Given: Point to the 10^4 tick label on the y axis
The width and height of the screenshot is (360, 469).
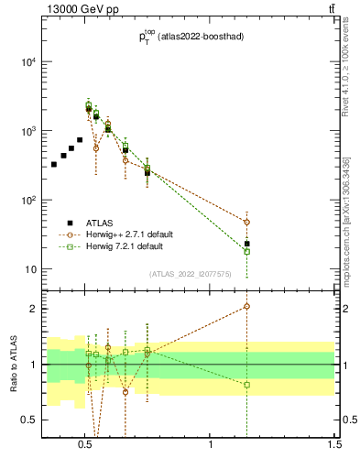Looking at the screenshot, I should coord(27,62).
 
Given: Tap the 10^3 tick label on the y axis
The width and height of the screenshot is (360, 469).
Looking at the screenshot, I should coord(27,131).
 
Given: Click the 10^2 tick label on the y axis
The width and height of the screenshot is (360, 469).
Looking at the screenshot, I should coord(27,201).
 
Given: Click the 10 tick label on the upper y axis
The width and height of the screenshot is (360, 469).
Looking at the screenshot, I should coord(30,269).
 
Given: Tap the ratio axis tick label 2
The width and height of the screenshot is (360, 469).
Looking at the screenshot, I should coord(33,309).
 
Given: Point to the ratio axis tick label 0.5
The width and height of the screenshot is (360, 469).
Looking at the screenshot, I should coord(28,420).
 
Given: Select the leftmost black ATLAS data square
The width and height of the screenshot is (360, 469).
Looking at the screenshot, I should coord(54,164).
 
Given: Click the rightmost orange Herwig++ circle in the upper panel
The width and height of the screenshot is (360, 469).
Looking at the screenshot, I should coord(246,222).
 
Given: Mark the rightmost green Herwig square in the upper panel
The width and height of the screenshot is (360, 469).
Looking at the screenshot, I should coord(246,251).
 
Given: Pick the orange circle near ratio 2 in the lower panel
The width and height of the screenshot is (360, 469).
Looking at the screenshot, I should coord(246,307).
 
